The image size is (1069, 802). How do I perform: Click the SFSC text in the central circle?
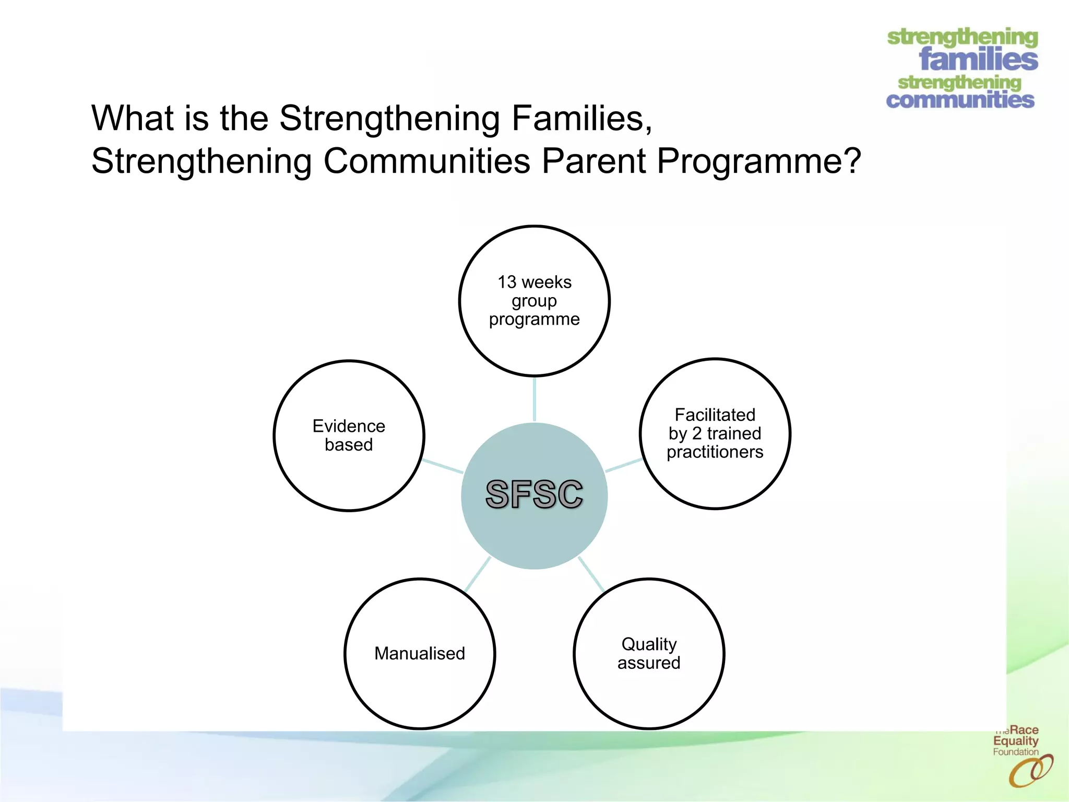(534, 494)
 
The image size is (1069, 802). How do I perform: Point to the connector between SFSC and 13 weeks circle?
(534, 399)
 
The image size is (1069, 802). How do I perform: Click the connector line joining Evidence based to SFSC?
(443, 466)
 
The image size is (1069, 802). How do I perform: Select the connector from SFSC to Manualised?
(477, 574)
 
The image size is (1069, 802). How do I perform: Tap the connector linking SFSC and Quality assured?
(591, 574)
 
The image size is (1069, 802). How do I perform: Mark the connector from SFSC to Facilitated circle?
(624, 465)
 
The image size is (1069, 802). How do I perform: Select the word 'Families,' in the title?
(581, 119)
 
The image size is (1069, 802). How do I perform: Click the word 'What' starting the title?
(132, 119)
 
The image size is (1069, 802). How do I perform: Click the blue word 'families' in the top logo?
(978, 59)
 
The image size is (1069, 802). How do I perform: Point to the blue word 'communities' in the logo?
(960, 100)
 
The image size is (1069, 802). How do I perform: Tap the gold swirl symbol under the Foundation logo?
(1030, 771)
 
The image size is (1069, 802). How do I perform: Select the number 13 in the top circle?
(506, 282)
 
